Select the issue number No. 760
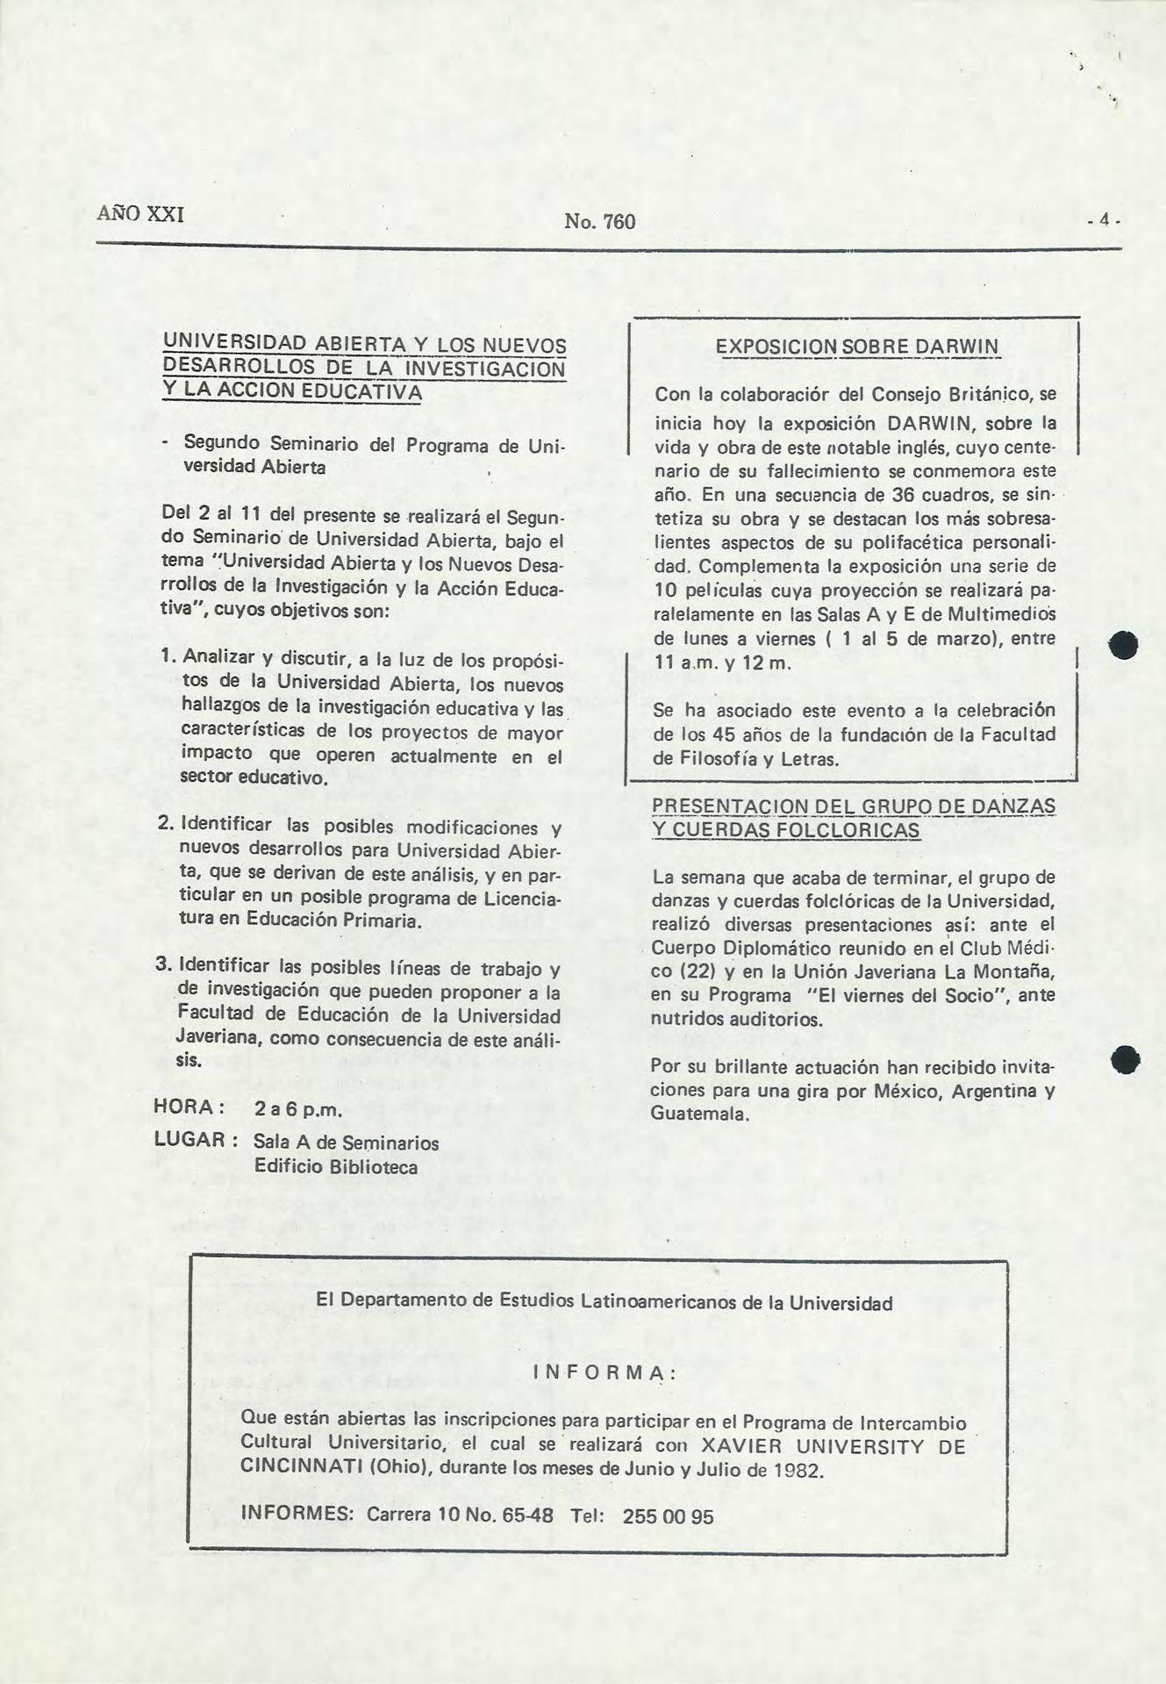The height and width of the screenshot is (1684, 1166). (600, 221)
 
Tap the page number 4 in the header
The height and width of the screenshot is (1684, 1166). (1105, 221)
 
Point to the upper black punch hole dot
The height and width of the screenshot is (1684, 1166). (1124, 647)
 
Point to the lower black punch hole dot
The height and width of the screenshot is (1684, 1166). (1124, 1059)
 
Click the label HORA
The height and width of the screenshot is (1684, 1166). (184, 1107)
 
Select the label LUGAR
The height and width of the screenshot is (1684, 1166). (191, 1140)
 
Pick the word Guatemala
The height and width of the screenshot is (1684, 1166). (699, 1114)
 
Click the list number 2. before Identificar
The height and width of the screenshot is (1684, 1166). (167, 826)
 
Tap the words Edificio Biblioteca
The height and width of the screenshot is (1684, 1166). (335, 1167)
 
